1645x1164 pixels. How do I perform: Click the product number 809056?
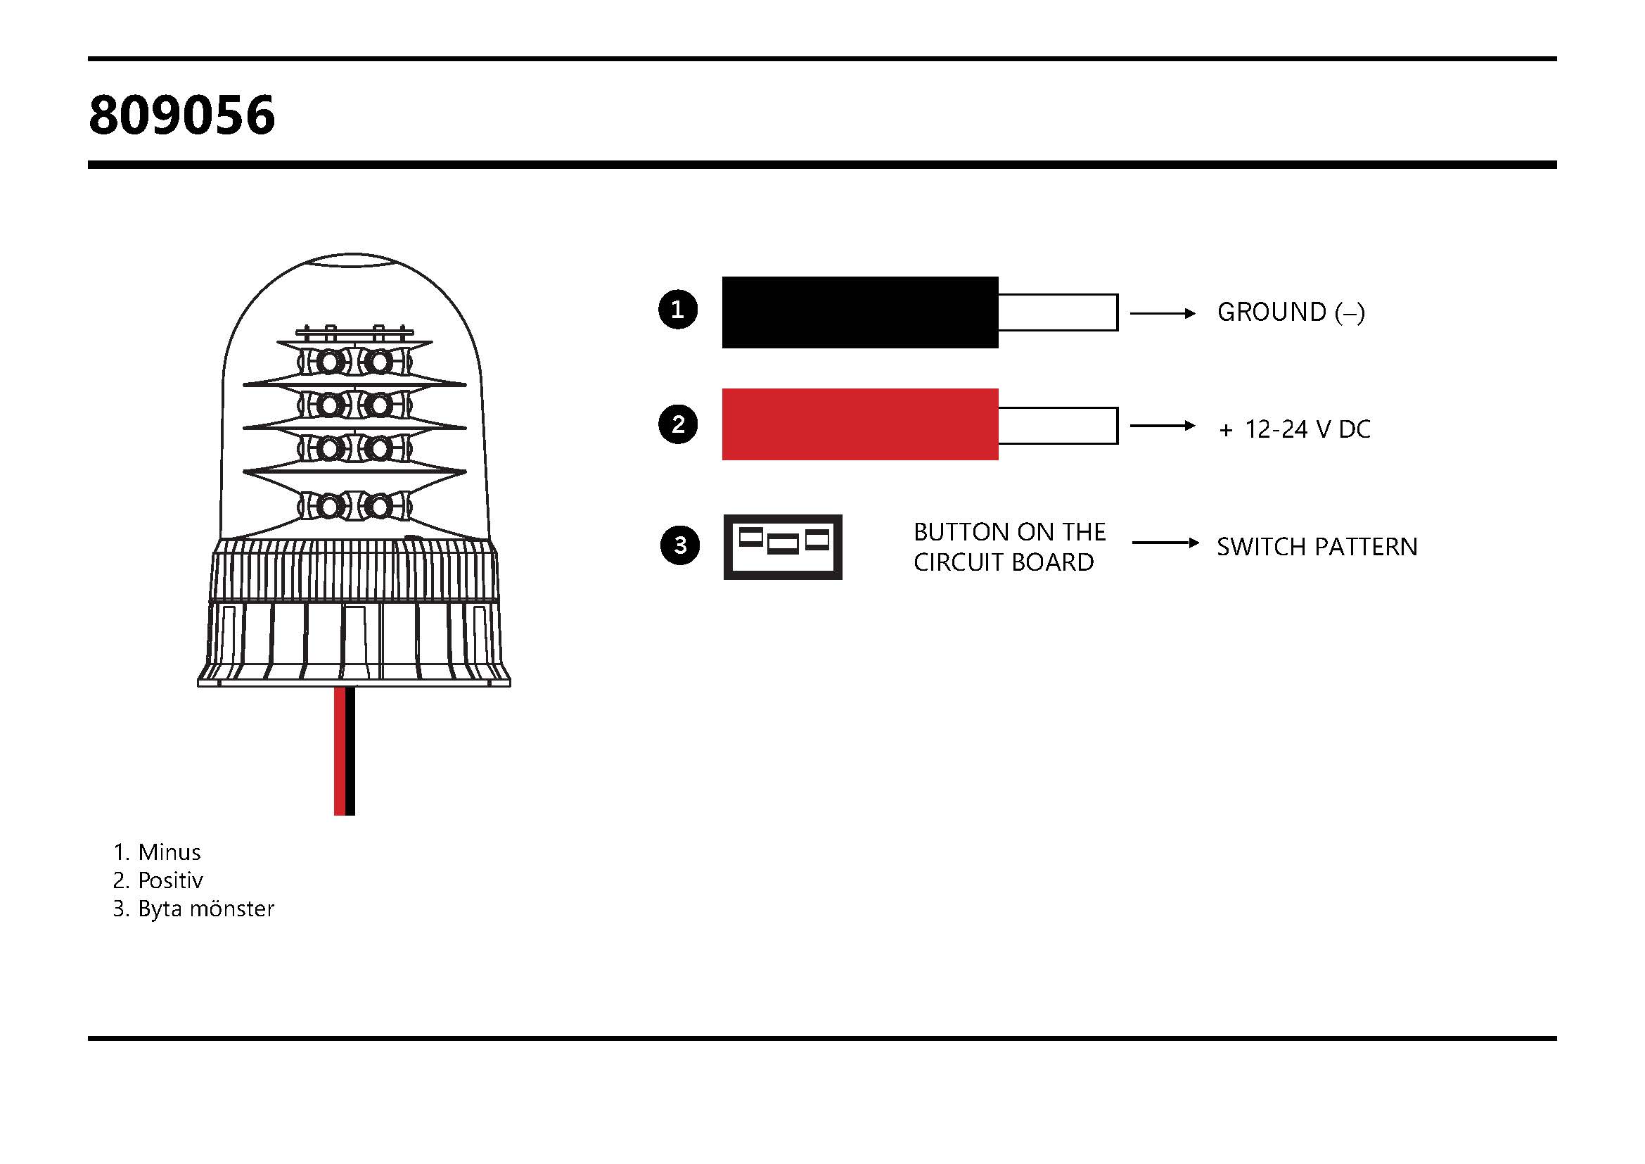coord(182,115)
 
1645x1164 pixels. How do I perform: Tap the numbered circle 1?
coord(678,310)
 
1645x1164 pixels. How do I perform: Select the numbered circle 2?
coord(678,424)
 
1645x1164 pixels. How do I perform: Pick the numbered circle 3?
coord(679,545)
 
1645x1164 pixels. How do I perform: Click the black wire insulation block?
coord(859,312)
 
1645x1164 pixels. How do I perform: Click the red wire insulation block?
coord(859,424)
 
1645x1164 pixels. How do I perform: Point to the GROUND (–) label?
coord(1291,312)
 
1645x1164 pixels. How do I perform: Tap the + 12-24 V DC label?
coord(1294,429)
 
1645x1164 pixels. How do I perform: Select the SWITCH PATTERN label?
coord(1317,547)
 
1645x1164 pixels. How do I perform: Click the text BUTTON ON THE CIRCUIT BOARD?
coord(1009,547)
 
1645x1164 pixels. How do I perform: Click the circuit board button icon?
coord(782,547)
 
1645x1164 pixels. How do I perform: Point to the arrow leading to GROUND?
coord(1162,313)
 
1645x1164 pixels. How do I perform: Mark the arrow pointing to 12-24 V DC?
coord(1162,426)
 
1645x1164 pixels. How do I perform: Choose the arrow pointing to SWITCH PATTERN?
coord(1165,543)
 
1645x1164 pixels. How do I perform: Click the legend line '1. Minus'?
coord(157,852)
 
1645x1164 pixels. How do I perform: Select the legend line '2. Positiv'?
coord(158,880)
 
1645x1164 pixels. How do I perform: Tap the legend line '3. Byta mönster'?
coord(193,909)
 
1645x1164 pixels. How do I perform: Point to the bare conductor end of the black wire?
coord(1058,312)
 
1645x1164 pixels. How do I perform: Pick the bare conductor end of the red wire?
coord(1058,426)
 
